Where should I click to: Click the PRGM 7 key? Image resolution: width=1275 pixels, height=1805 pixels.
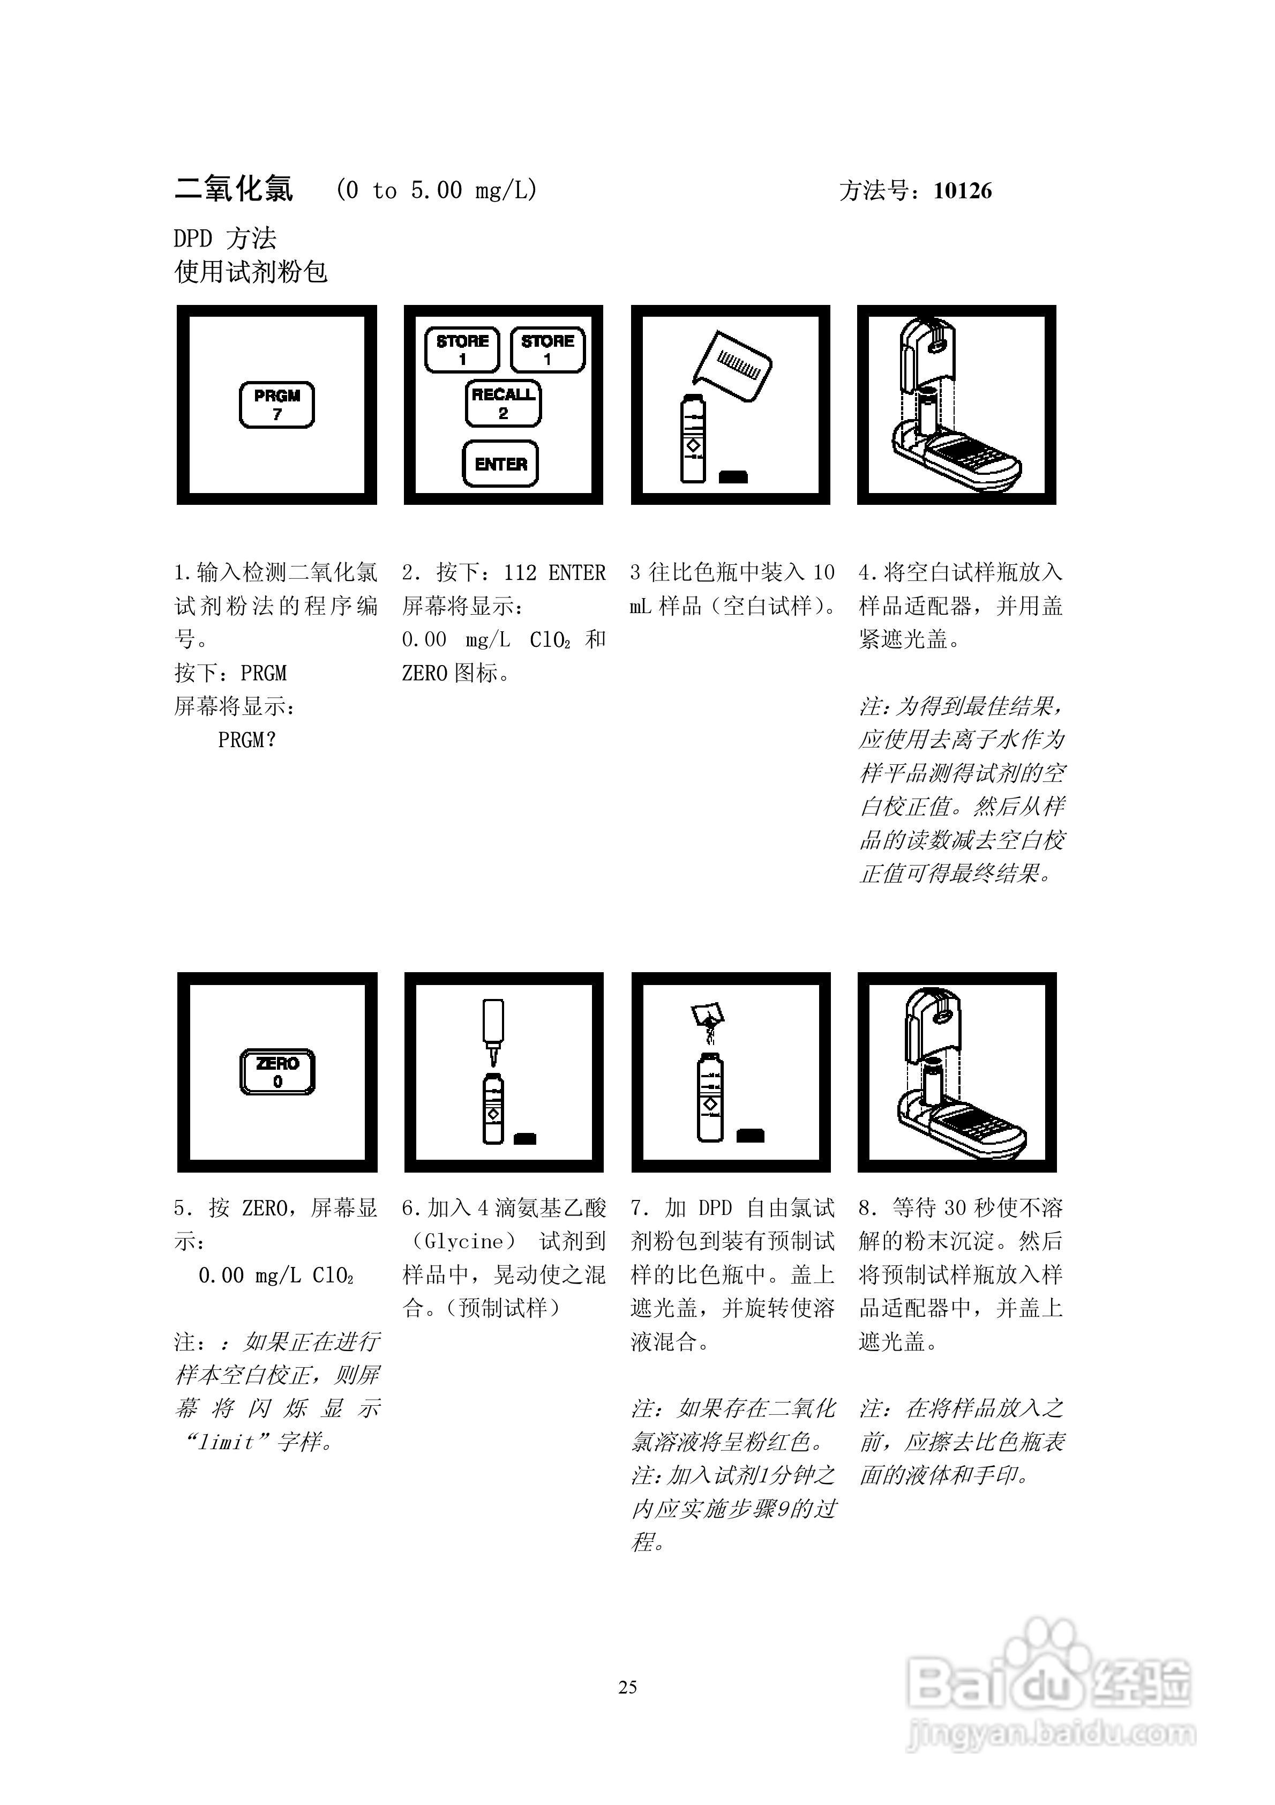tap(276, 405)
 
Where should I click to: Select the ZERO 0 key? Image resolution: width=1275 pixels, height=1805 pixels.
tap(277, 1071)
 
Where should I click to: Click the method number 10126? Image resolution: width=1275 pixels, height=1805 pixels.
tap(962, 191)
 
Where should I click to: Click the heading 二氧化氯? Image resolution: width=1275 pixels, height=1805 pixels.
tap(234, 190)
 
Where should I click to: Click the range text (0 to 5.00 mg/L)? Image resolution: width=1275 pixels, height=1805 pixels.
tap(436, 190)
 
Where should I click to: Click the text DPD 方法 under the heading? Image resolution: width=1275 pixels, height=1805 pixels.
tap(225, 238)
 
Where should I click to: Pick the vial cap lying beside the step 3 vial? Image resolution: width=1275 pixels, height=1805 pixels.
tap(733, 476)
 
